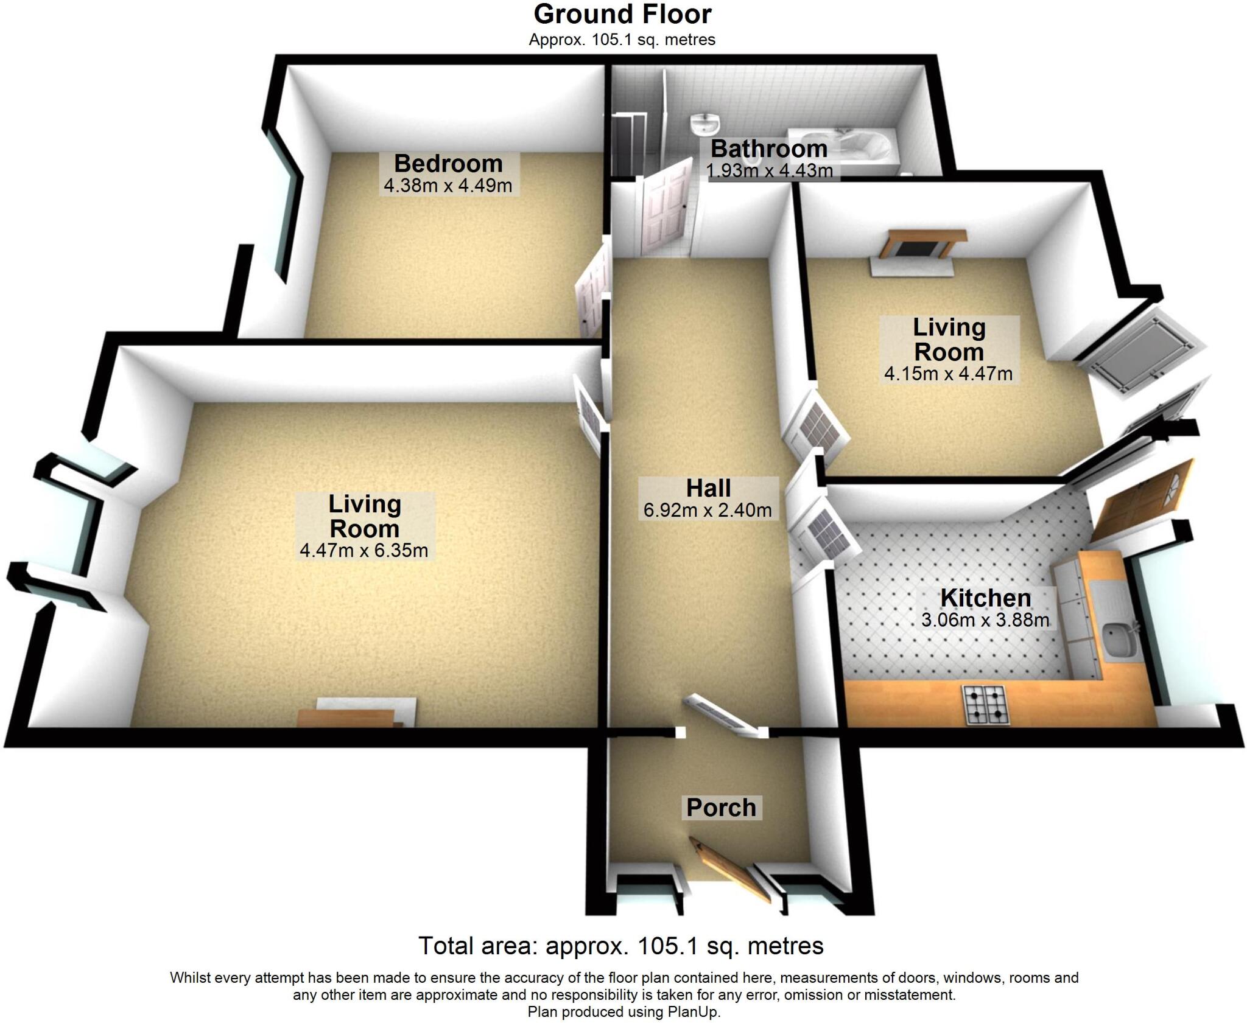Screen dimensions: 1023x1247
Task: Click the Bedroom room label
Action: (x=448, y=164)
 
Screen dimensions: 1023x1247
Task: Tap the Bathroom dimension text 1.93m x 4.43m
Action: (x=769, y=171)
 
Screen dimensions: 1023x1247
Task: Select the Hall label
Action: (x=708, y=488)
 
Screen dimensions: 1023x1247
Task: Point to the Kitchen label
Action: (x=985, y=598)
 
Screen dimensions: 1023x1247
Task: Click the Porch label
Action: (x=721, y=808)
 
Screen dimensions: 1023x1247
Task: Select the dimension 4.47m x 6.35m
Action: (x=364, y=551)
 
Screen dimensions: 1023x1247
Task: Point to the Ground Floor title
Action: (x=622, y=15)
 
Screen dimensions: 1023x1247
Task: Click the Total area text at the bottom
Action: (x=620, y=946)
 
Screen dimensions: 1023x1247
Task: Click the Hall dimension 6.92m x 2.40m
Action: (x=708, y=510)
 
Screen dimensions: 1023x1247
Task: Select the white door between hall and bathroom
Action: (x=667, y=207)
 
